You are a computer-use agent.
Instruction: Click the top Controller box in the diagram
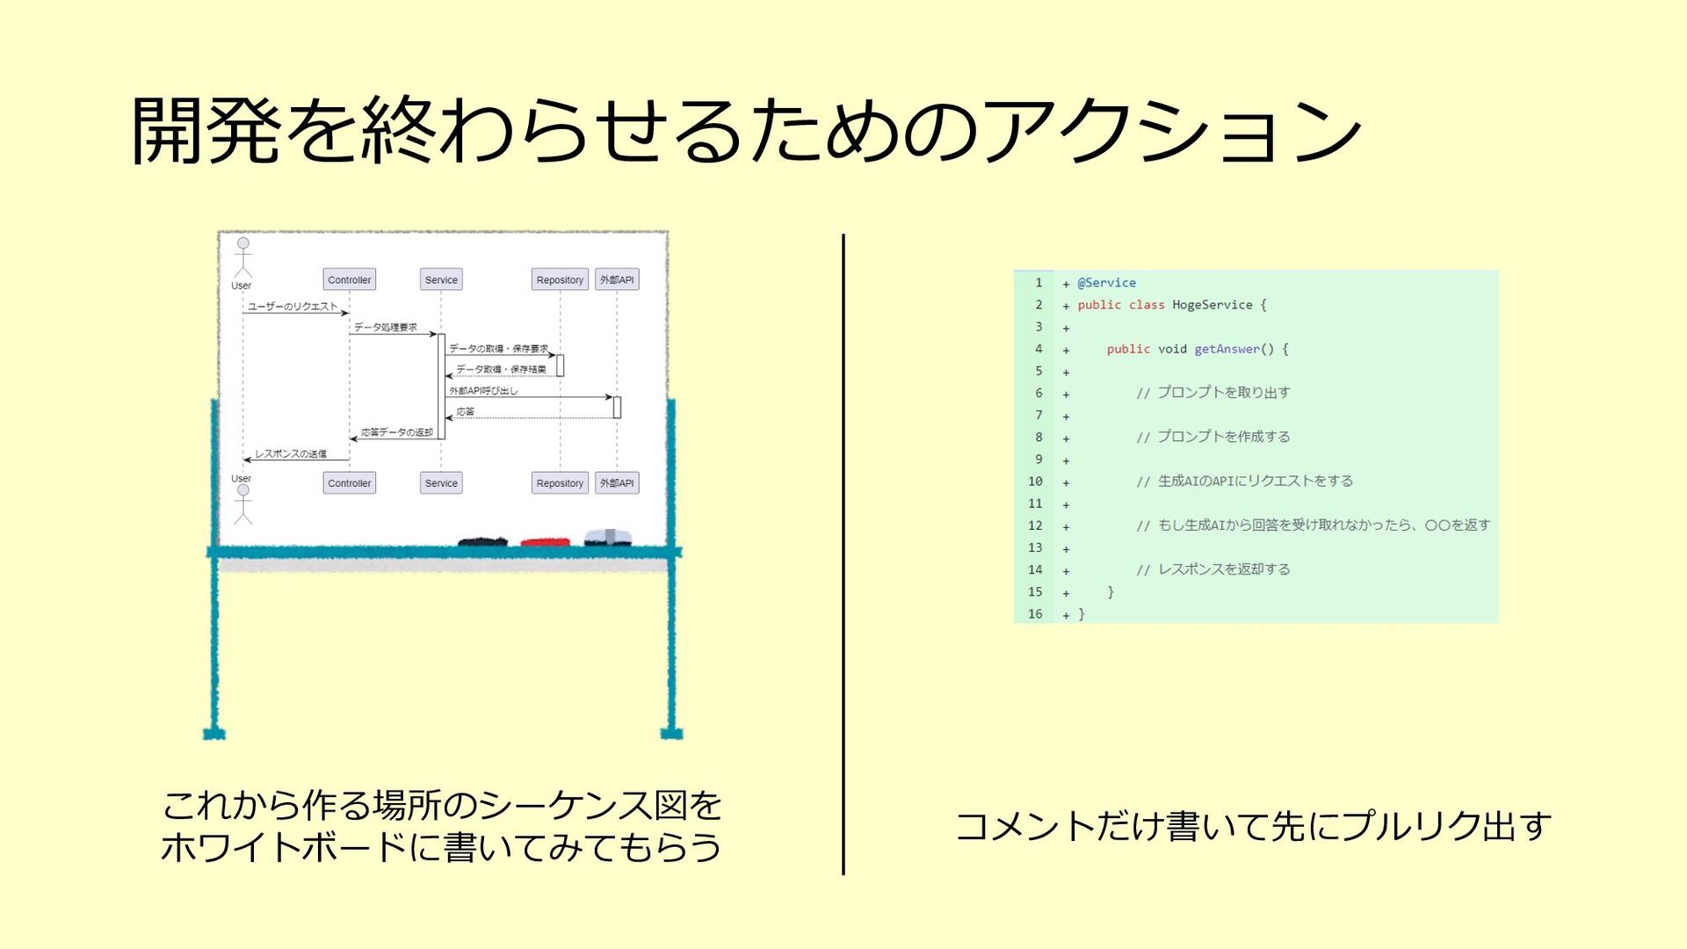coord(349,279)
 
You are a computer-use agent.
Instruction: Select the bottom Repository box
coord(560,482)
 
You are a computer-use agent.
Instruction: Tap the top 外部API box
coord(617,279)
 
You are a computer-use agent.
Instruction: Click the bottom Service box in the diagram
coord(441,482)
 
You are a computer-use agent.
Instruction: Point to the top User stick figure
coord(243,257)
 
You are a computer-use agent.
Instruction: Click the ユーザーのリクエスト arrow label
coord(293,306)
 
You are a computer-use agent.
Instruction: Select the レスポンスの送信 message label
coord(291,453)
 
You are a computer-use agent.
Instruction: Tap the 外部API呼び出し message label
coord(483,390)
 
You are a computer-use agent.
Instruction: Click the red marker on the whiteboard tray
coord(545,541)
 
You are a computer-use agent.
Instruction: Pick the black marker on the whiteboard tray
coord(482,540)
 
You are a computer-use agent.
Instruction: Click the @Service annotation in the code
coord(1106,283)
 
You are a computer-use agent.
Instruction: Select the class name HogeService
coord(1212,305)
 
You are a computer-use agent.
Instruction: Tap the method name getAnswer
coord(1227,349)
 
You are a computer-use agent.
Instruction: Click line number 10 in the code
coord(1035,482)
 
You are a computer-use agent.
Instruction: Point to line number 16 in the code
coord(1035,614)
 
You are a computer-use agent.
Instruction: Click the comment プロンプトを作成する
coord(1223,437)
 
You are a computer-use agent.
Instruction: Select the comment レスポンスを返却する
coord(1224,569)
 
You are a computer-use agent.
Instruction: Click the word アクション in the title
coord(1173,132)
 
